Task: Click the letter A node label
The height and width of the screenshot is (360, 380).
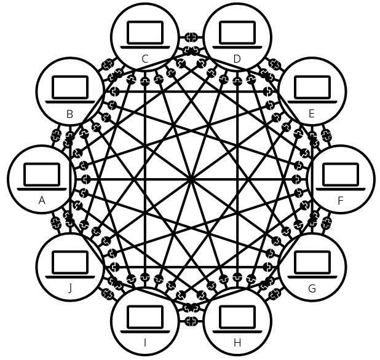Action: pyautogui.click(x=42, y=200)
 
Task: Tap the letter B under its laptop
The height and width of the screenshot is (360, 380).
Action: pyautogui.click(x=69, y=114)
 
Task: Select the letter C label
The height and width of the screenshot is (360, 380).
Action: pyautogui.click(x=144, y=59)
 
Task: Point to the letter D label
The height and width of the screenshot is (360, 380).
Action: pyautogui.click(x=237, y=59)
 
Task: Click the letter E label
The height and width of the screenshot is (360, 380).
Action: pyautogui.click(x=312, y=114)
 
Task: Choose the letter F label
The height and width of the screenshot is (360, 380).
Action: pyautogui.click(x=341, y=200)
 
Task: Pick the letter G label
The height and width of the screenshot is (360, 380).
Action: pyautogui.click(x=312, y=288)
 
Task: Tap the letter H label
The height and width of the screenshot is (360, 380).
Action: pyautogui.click(x=237, y=342)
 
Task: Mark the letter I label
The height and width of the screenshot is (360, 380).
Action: pyautogui.click(x=144, y=342)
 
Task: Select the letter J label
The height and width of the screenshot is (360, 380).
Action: pyautogui.click(x=69, y=288)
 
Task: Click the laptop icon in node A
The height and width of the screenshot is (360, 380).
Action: pyautogui.click(x=42, y=176)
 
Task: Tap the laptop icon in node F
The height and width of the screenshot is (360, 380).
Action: pyautogui.click(x=341, y=176)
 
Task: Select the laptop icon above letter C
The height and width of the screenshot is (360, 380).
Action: pyautogui.click(x=144, y=34)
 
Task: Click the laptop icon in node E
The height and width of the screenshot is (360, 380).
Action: pyautogui.click(x=312, y=89)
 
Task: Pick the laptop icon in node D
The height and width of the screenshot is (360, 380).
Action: pyautogui.click(x=237, y=34)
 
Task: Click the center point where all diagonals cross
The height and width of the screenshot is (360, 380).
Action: pyautogui.click(x=191, y=179)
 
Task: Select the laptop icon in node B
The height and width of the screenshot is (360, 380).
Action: pyautogui.click(x=69, y=89)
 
